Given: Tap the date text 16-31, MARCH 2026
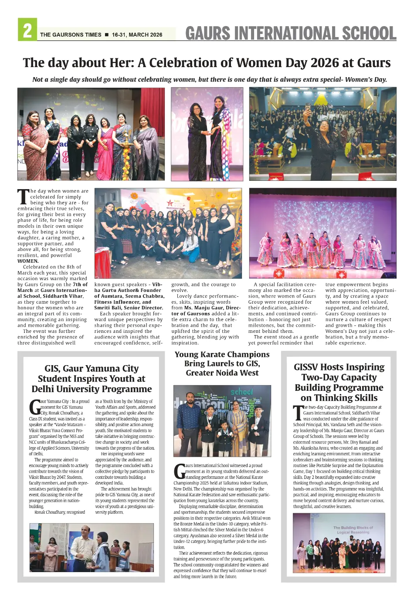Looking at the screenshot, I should (137, 35).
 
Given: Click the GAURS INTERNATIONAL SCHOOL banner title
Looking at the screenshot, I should (291, 33).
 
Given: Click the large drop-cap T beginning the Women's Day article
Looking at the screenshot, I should (23, 197).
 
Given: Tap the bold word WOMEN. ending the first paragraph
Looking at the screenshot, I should (28, 261).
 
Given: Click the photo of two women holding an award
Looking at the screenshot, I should (207, 134).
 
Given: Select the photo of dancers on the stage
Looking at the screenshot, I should (322, 233).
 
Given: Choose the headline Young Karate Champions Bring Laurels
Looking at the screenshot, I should (222, 363).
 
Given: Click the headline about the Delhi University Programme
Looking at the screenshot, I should (92, 379).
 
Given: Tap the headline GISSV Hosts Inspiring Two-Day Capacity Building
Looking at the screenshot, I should (339, 382).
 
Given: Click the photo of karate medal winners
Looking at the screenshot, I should (222, 420).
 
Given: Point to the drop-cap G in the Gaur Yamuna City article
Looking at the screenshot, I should (34, 407).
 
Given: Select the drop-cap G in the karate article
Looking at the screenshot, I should (179, 471).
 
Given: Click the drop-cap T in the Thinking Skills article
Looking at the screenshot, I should (298, 413).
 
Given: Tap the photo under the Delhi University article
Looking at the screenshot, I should (92, 547).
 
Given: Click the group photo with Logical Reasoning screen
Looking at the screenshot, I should (339, 542).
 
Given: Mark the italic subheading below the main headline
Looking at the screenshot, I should (210, 80).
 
